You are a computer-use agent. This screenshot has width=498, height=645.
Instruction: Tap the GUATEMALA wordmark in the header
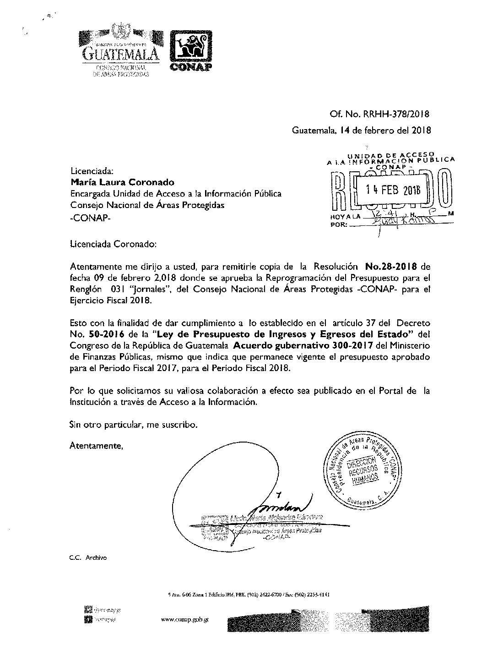point(121,54)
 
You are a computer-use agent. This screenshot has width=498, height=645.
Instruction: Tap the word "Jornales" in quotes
point(158,290)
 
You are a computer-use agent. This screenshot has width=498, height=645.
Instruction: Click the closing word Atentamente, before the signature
point(96,445)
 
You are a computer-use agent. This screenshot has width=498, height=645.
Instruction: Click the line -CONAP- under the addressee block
point(90,217)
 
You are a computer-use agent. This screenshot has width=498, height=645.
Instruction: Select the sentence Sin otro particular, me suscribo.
point(134,424)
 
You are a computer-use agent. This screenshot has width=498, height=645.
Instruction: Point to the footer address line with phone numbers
point(249,595)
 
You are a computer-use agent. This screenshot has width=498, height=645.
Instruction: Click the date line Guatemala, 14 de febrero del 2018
point(362,131)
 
